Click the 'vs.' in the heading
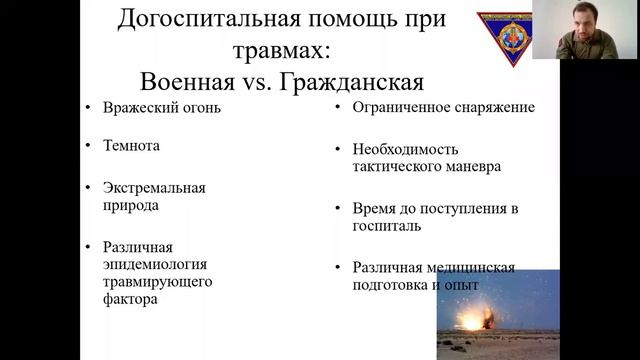[x=264, y=80]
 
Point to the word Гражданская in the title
[x=355, y=80]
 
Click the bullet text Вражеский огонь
[x=161, y=107]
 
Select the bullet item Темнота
[x=131, y=145]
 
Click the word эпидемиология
[x=155, y=264]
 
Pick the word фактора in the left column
[x=130, y=298]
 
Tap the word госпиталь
[x=386, y=226]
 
